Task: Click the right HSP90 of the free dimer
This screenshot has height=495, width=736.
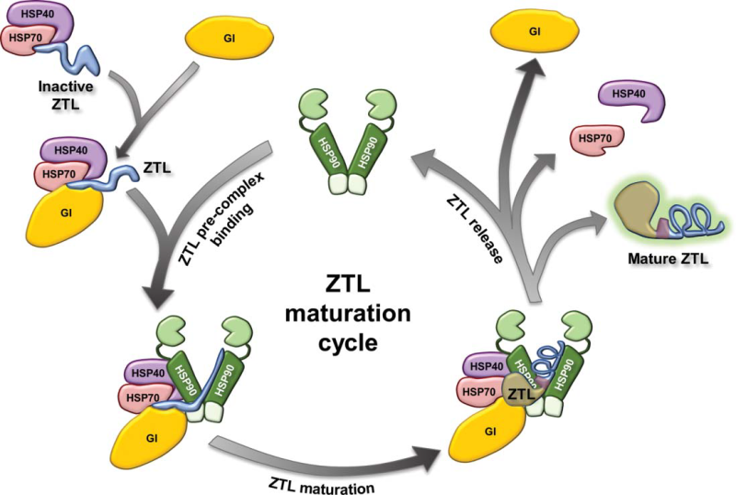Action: [x=376, y=148]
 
